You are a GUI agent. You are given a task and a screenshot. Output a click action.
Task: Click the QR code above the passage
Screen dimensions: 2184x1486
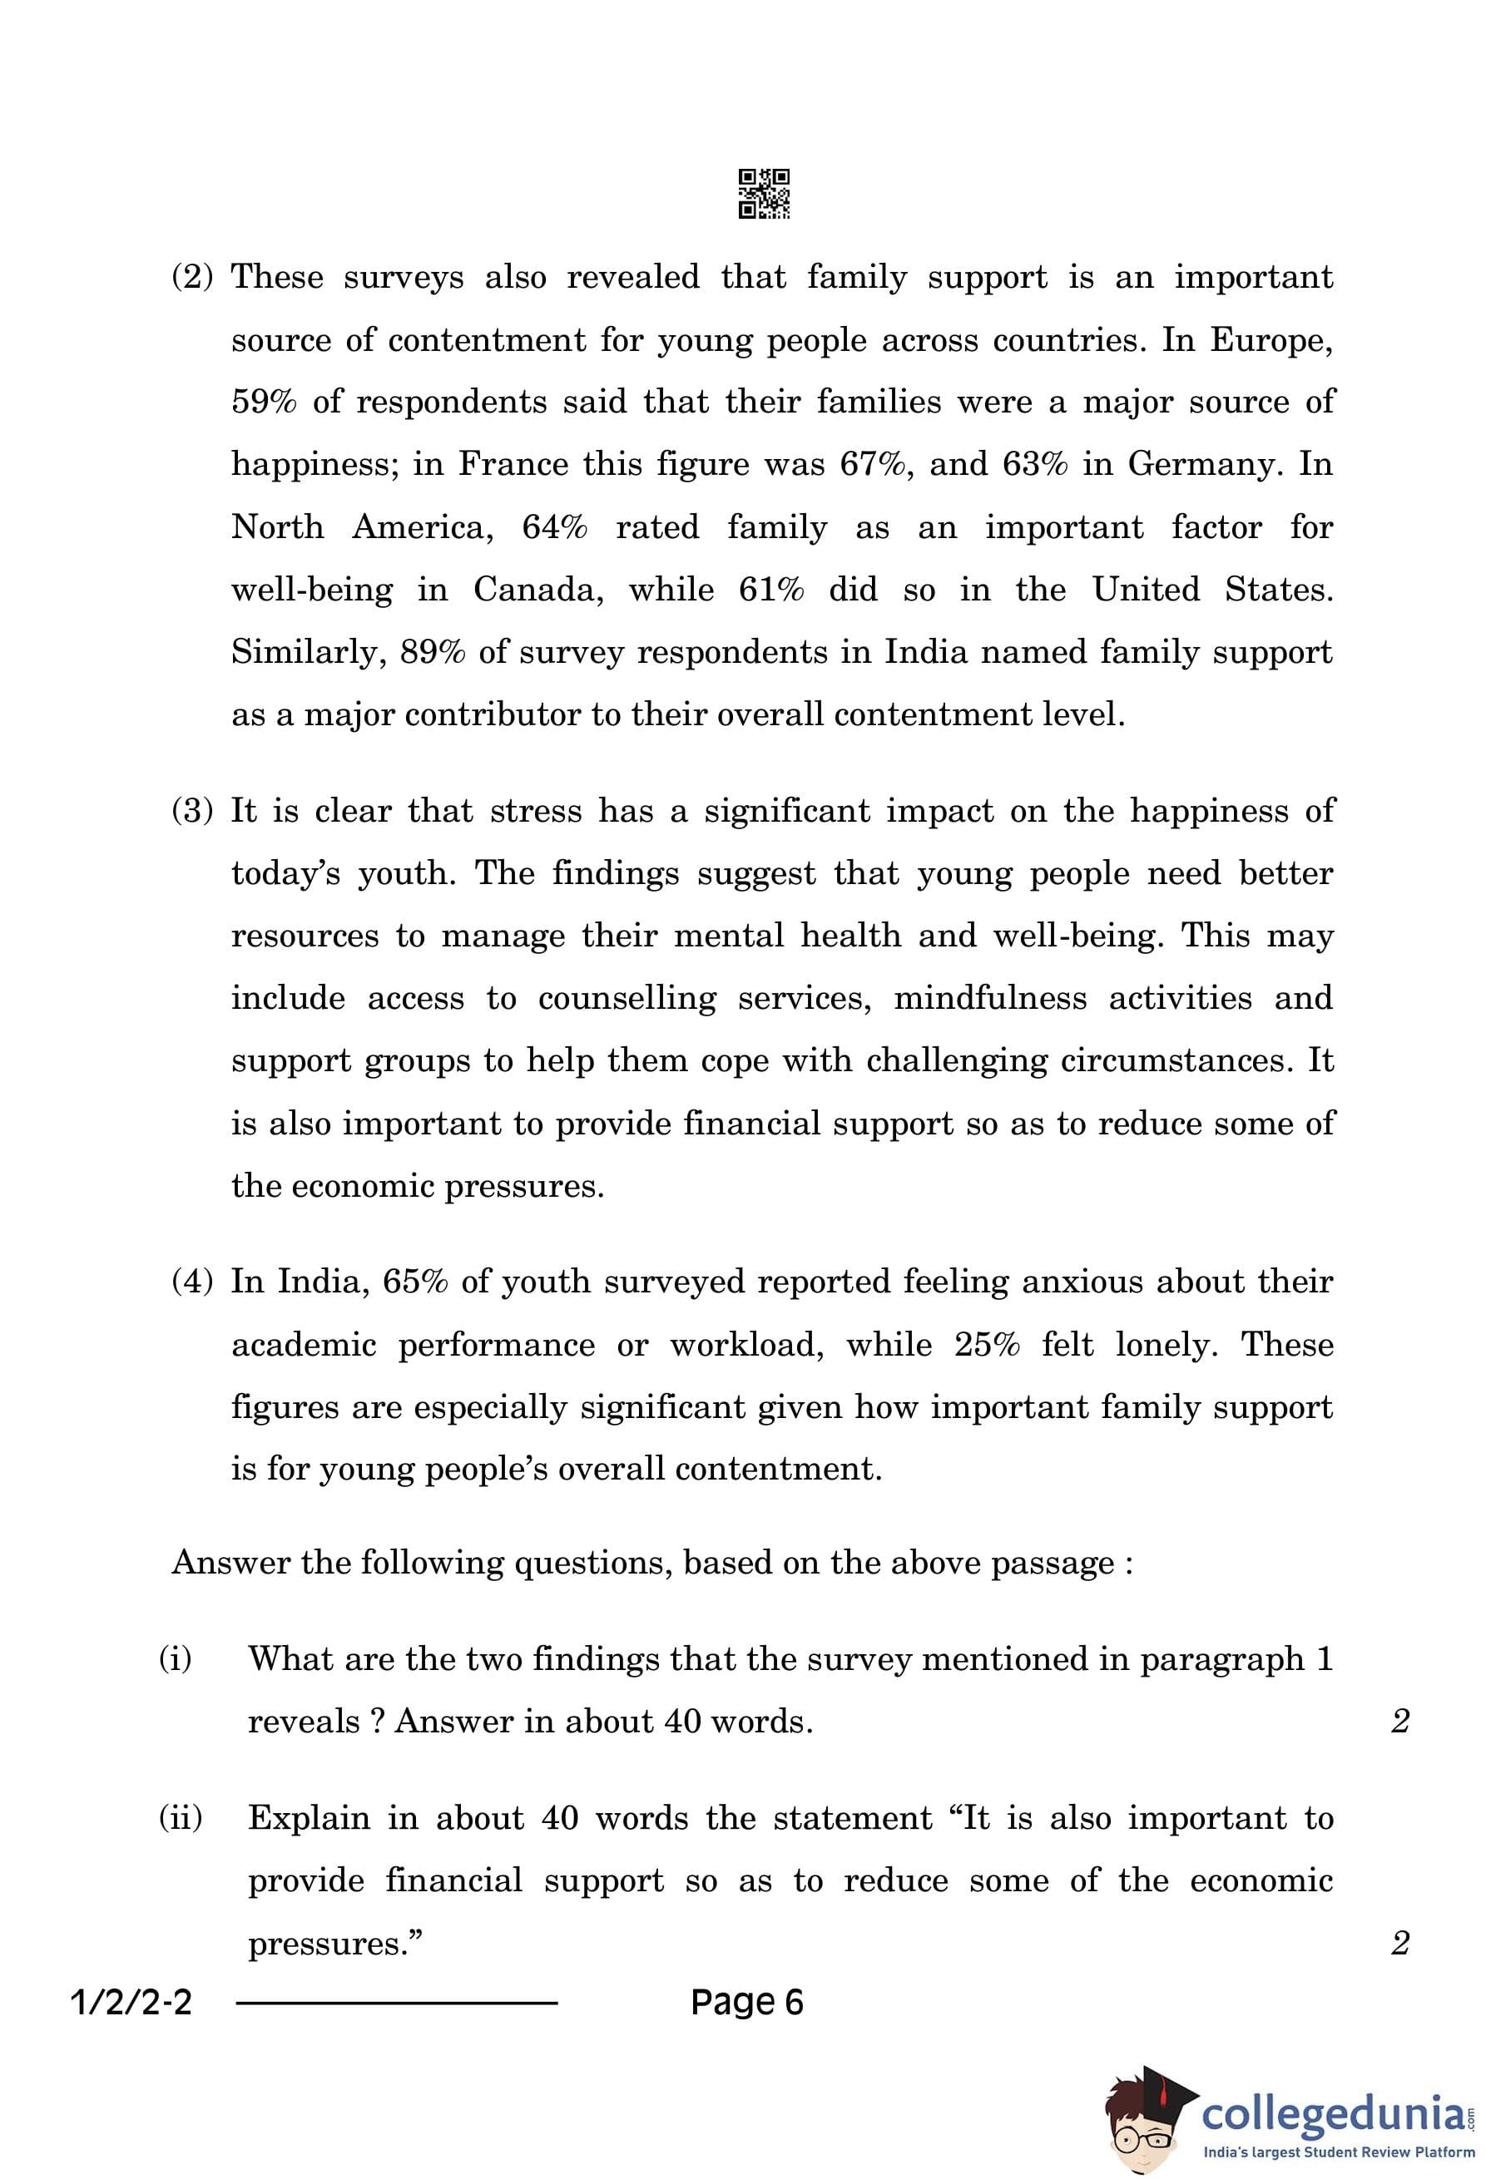coord(763,194)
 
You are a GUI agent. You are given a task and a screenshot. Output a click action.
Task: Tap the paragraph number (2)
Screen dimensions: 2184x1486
coord(193,277)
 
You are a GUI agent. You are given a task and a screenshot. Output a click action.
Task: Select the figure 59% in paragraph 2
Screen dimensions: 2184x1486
coord(264,403)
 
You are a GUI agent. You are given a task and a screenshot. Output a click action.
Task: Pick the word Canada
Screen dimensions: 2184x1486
coord(537,590)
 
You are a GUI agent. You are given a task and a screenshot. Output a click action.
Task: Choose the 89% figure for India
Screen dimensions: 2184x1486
coord(433,652)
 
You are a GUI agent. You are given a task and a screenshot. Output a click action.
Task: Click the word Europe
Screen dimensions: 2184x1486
coord(1270,340)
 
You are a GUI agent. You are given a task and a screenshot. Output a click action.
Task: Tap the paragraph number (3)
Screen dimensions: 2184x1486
coord(193,811)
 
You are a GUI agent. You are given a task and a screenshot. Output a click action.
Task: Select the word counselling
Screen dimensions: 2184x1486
coord(627,998)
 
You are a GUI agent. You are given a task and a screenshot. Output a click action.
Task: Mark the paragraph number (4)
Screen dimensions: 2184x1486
coord(193,1282)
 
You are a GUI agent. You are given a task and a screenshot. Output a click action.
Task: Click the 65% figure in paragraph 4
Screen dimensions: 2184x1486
coord(414,1282)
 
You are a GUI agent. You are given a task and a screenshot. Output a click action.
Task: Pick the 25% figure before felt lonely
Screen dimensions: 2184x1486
coord(987,1345)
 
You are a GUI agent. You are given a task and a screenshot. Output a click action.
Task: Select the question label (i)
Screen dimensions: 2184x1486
coord(176,1658)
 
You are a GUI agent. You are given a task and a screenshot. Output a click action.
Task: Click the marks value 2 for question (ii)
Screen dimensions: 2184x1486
coord(1399,1943)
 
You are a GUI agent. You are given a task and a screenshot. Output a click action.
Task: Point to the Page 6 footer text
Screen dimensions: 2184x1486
coord(747,2003)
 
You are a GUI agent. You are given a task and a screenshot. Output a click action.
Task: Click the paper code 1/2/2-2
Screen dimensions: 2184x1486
coord(131,2003)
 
